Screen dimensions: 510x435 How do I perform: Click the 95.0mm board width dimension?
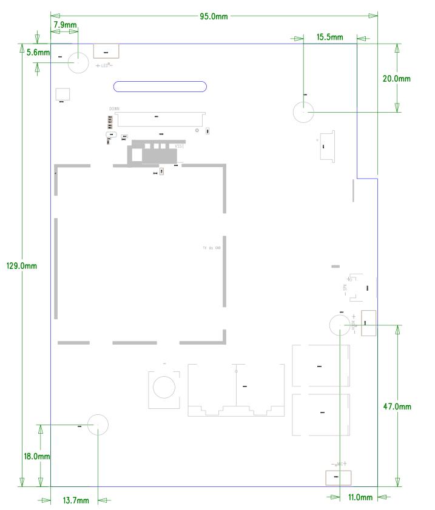214,16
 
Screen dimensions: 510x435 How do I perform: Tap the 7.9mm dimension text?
65,25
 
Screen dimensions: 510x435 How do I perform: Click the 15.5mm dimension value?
329,38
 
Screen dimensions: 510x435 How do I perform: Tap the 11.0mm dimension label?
360,497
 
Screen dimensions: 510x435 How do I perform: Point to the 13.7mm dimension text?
76,500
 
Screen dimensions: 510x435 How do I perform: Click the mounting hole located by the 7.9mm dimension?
78,62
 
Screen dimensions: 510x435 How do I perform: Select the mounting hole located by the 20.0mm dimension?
304,112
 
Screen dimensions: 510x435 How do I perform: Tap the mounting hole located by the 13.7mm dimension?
98,425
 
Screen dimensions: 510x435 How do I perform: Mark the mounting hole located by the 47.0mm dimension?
340,326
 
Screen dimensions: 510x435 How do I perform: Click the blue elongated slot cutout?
160,87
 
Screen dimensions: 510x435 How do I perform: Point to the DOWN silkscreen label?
114,108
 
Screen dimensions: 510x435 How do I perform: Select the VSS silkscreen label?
178,147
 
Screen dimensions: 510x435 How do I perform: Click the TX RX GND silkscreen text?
212,248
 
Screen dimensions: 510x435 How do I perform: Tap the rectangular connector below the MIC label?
336,478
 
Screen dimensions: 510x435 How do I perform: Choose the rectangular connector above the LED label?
106,51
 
